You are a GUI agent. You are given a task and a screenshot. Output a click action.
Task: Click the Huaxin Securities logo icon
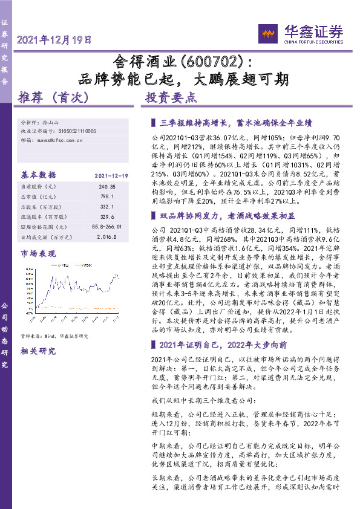point(267,33)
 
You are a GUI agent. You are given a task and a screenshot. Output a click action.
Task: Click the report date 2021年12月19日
point(55,41)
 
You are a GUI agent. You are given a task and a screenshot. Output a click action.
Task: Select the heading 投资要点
point(171,97)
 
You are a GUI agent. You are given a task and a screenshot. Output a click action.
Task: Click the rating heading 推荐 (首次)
point(54,97)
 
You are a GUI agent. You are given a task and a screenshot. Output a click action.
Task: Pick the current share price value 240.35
point(108,188)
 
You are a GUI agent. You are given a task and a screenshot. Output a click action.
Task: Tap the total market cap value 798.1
point(108,197)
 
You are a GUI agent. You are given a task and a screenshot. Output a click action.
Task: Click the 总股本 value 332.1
point(108,207)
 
